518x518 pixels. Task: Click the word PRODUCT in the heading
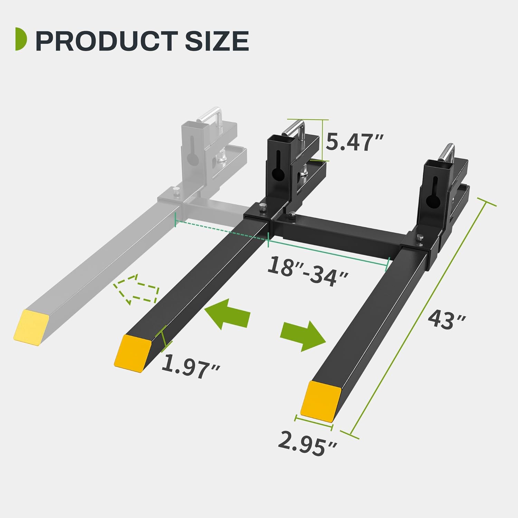[107, 41]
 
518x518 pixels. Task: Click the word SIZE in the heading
[217, 41]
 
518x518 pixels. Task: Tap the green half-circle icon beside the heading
[21, 40]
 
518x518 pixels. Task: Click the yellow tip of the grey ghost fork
[31, 327]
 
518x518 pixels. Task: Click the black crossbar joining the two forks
[338, 235]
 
